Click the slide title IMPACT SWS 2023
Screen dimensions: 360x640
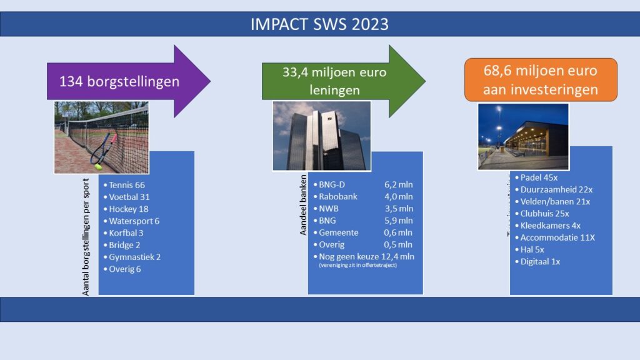[x=319, y=24]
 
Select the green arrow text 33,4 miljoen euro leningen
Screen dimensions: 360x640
[x=334, y=81]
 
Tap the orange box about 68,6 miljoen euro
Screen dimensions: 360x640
[x=541, y=80]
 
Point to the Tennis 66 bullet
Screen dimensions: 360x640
[x=127, y=185]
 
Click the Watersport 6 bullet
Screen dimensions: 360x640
[x=134, y=221]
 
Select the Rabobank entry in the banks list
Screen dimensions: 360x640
[x=338, y=196]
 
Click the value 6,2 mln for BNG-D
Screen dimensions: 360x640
[x=399, y=184]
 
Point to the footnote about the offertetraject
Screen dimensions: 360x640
[x=357, y=266]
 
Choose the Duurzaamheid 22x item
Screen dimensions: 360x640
[x=552, y=189]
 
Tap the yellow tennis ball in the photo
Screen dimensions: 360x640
[x=97, y=166]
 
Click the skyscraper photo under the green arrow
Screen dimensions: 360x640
[x=322, y=136]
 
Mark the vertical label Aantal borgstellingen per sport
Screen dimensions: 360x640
[x=87, y=237]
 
